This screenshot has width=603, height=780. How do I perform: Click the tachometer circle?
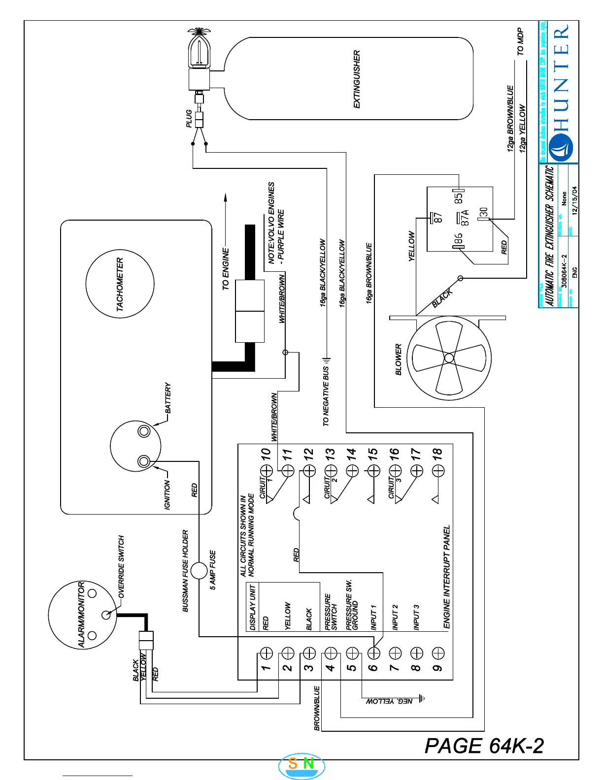pyautogui.click(x=120, y=284)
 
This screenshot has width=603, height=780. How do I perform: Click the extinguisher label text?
pyautogui.click(x=357, y=79)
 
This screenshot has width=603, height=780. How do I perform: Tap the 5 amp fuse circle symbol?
pyautogui.click(x=199, y=571)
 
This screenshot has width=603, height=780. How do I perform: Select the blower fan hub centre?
pyautogui.click(x=449, y=358)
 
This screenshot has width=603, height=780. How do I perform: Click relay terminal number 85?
pyautogui.click(x=459, y=198)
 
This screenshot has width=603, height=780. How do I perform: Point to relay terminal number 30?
pyautogui.click(x=484, y=212)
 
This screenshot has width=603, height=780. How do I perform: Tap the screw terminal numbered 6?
pyautogui.click(x=374, y=653)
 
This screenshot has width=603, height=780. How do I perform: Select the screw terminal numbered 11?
pyautogui.click(x=288, y=471)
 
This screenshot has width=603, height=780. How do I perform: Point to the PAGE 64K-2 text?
pyautogui.click(x=484, y=746)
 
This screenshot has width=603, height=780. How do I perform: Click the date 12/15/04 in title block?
pyautogui.click(x=574, y=200)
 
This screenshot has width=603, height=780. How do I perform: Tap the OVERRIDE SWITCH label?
pyautogui.click(x=121, y=566)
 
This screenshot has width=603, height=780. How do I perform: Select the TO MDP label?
pyautogui.click(x=521, y=42)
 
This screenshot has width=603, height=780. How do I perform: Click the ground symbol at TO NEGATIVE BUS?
pyautogui.click(x=326, y=361)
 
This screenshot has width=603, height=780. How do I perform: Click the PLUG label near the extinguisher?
pyautogui.click(x=189, y=119)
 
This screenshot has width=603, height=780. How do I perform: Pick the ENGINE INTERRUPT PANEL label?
pyautogui.click(x=447, y=577)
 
